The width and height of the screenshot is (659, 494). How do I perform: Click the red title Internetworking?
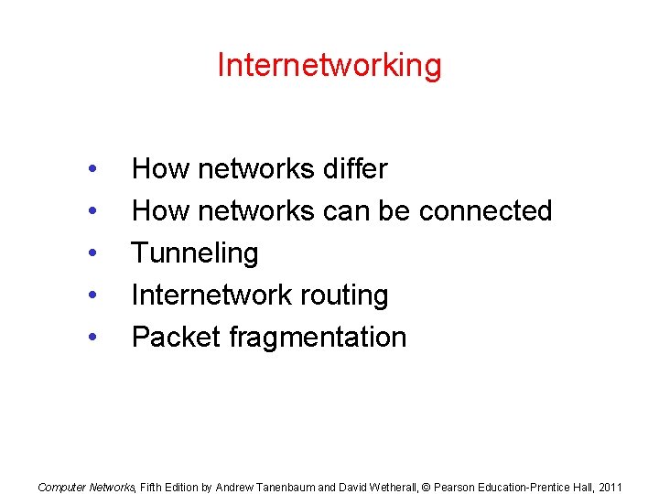[329, 65]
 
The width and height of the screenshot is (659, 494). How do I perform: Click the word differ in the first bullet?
[354, 169]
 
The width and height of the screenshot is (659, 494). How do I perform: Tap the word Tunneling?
[195, 253]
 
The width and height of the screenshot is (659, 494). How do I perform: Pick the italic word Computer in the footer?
[59, 488]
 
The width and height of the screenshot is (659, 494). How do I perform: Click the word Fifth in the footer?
[151, 488]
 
